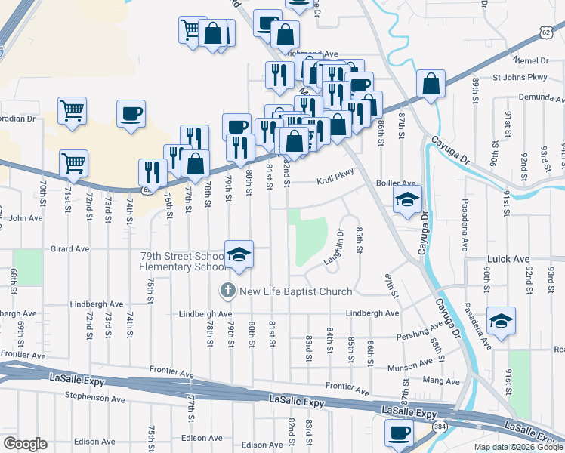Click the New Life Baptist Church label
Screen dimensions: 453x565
tap(295, 291)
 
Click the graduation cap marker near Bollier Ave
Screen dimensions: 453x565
tap(407, 200)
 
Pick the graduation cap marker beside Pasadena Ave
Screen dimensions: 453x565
tap(502, 321)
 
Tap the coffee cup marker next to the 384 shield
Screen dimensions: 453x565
tap(399, 434)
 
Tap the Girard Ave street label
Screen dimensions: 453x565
tap(69, 248)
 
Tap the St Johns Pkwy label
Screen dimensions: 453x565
tap(518, 77)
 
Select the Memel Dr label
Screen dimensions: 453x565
tap(533, 60)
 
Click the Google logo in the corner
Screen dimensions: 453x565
tap(24, 444)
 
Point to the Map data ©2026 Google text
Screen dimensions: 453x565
tap(517, 447)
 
